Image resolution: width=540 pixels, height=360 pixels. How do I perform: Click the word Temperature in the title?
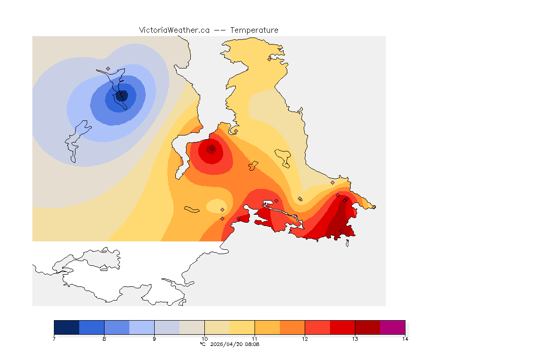254,30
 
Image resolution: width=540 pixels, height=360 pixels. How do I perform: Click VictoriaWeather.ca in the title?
174,30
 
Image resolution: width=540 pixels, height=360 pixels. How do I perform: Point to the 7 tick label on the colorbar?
54,339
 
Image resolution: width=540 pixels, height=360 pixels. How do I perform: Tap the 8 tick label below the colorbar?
104,339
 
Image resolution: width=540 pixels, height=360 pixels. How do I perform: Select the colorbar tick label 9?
154,339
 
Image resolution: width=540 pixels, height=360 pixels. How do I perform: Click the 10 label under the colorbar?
204,339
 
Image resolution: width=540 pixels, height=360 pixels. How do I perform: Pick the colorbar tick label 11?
255,339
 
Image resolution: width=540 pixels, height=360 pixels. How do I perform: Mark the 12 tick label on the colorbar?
305,339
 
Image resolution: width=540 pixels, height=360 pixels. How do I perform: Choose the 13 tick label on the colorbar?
355,339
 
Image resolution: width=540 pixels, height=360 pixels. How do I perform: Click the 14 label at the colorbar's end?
405,339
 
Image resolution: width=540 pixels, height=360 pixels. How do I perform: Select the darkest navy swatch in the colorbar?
67,327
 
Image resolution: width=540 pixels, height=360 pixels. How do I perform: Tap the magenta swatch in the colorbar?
392,327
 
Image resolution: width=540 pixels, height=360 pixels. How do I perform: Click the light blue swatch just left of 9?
142,327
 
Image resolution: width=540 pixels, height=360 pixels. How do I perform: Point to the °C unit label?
202,345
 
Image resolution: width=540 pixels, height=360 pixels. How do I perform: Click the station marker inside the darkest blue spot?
121,95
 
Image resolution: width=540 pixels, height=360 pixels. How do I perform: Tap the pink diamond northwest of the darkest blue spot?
108,68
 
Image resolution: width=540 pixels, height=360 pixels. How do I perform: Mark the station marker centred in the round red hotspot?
212,148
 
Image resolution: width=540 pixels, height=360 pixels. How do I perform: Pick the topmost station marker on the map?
269,59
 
